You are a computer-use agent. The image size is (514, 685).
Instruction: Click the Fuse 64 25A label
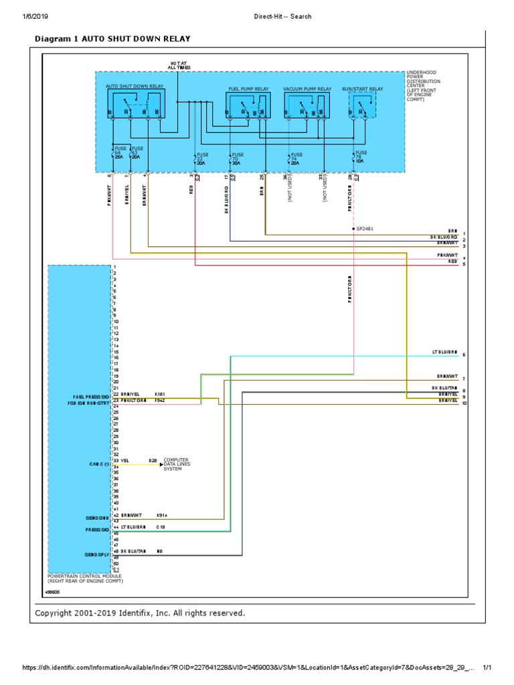coord(120,153)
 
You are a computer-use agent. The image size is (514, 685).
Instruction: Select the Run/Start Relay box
coord(363,106)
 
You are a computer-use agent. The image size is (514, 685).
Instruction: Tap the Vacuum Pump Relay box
coord(307,106)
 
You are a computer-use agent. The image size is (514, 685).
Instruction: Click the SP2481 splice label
coord(365,228)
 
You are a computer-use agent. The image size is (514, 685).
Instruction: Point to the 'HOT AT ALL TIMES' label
coord(179,66)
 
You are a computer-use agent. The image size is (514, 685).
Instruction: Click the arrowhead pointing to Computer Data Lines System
coord(161,464)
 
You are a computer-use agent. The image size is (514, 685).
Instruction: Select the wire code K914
coord(161,516)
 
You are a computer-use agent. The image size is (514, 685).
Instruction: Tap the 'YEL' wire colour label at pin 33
coord(124,460)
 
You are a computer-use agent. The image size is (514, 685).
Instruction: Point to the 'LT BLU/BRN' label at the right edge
coord(444,353)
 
